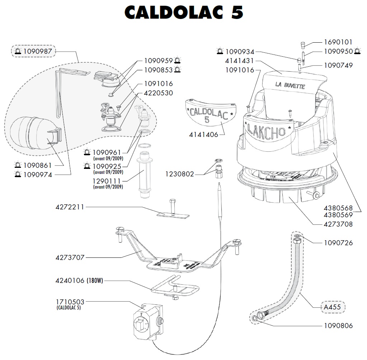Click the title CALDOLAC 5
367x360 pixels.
click(x=183, y=13)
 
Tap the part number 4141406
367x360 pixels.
click(x=203, y=135)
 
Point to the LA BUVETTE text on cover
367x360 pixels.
click(x=290, y=86)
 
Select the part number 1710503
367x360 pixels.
click(x=70, y=302)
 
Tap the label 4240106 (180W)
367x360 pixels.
click(x=79, y=281)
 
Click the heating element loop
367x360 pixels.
click(x=175, y=287)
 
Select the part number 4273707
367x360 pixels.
click(x=70, y=257)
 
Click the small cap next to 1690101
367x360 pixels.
click(x=302, y=45)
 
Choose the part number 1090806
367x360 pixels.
click(x=338, y=326)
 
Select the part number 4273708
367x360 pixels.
click(x=338, y=224)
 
